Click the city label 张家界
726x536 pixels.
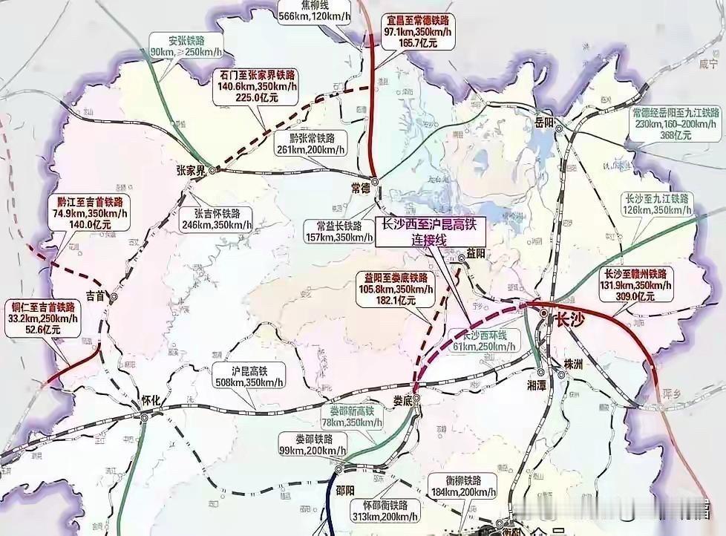coord(190,170)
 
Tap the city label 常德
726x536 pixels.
coord(360,189)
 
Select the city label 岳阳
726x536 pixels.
coord(544,122)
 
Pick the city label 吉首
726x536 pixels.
coord(96,295)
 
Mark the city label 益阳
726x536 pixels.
coord(476,254)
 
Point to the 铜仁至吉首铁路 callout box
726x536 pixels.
coord(44,318)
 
